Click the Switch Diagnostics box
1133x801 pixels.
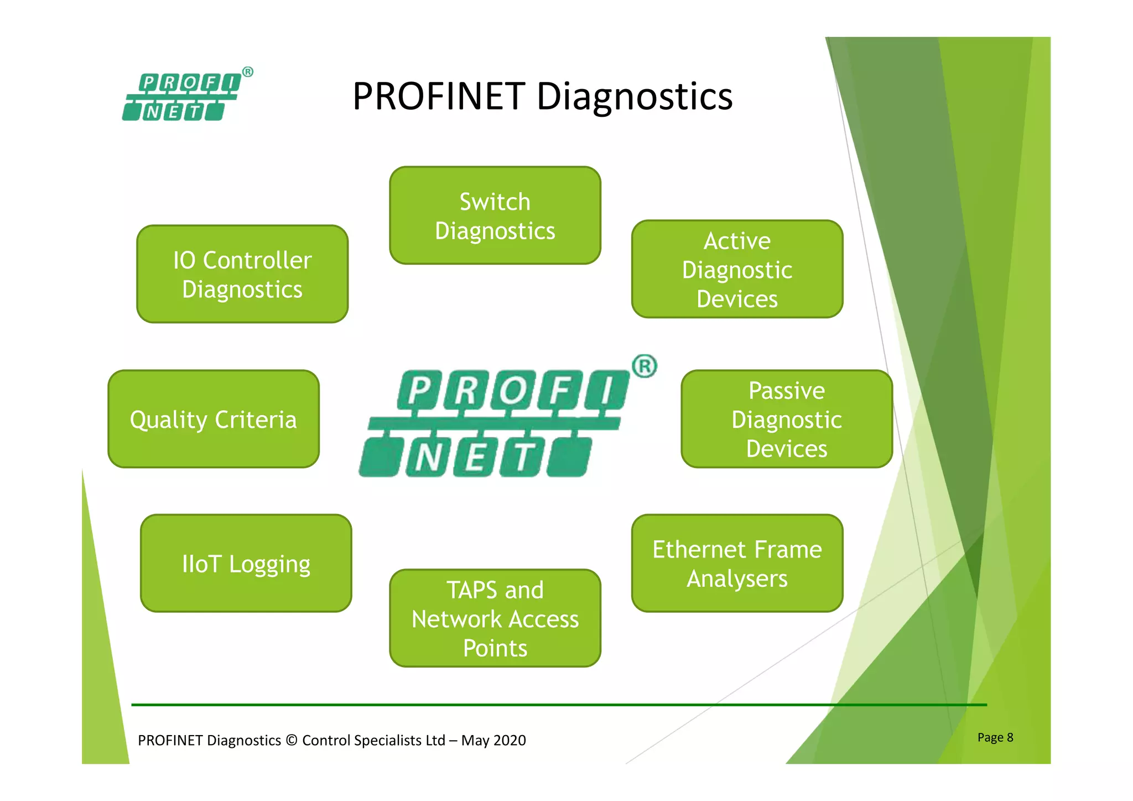[495, 215]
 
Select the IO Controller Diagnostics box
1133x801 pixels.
[242, 274]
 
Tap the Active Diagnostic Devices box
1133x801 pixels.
[737, 269]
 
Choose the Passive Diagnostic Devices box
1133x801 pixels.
[786, 419]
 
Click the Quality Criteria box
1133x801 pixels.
[214, 419]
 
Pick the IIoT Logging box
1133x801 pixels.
[246, 563]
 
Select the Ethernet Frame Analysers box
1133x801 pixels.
[737, 563]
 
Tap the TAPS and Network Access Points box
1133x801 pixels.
[495, 618]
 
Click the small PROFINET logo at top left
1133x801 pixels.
[183, 97]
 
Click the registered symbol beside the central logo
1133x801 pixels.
[644, 366]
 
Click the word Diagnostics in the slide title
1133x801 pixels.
[635, 96]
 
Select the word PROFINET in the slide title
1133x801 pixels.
[439, 96]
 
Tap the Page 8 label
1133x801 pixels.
[995, 737]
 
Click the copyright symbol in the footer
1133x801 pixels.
[292, 740]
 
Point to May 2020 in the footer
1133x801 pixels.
[493, 740]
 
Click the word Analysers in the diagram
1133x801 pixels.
[737, 578]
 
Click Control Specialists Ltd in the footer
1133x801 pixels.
[373, 740]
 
